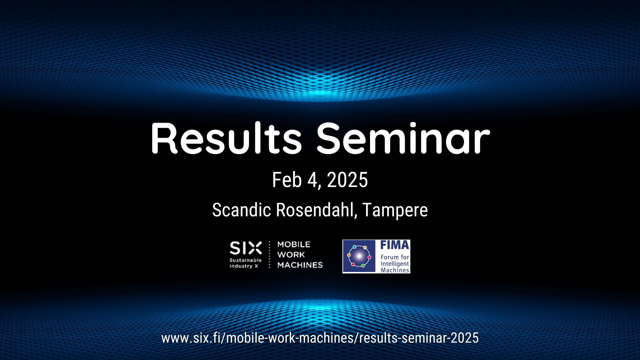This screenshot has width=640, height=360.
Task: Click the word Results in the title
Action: click(x=226, y=138)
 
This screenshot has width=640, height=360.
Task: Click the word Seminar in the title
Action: click(x=403, y=138)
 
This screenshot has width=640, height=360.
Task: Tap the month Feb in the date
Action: click(x=287, y=180)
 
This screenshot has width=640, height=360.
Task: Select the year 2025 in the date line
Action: click(x=347, y=180)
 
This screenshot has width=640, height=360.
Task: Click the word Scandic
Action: click(x=242, y=210)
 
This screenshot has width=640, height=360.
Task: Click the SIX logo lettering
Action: click(x=246, y=248)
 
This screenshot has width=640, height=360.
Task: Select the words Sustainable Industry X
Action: click(x=246, y=263)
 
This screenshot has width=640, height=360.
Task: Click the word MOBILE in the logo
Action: click(x=294, y=244)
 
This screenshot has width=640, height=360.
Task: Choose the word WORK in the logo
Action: click(x=291, y=255)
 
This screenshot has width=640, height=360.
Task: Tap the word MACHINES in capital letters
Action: click(x=300, y=265)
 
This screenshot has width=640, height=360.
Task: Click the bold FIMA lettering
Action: click(x=395, y=245)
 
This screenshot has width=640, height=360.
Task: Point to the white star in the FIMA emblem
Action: click(x=359, y=256)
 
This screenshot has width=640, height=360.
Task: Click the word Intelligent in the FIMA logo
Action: click(x=395, y=264)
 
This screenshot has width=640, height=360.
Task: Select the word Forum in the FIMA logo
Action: click(x=390, y=257)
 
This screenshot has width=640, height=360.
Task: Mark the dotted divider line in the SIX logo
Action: click(x=270, y=255)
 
